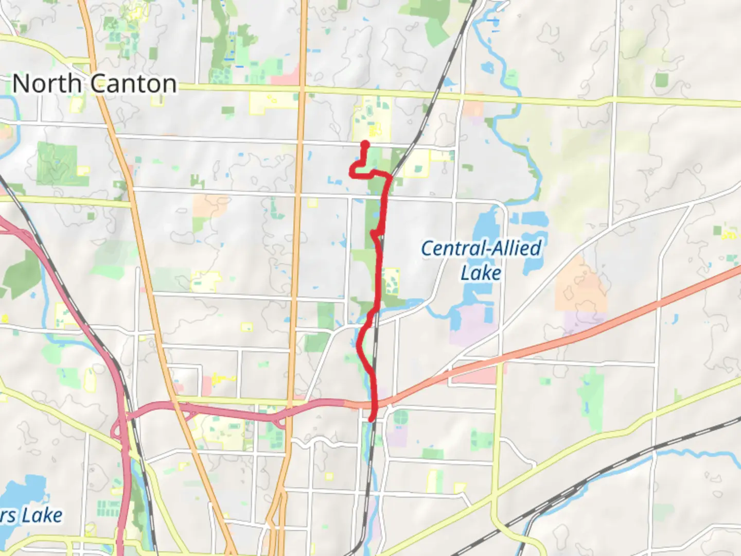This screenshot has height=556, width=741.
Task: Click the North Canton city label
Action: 94,83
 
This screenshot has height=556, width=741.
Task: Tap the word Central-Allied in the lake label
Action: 481,249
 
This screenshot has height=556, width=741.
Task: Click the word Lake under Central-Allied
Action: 481,273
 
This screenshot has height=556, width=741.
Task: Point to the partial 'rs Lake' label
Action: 32,515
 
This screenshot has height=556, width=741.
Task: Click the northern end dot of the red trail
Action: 365,144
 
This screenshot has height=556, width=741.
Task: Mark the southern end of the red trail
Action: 371,419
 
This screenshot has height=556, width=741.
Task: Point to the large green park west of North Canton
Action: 57,164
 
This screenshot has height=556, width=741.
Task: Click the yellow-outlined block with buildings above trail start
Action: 372,118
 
